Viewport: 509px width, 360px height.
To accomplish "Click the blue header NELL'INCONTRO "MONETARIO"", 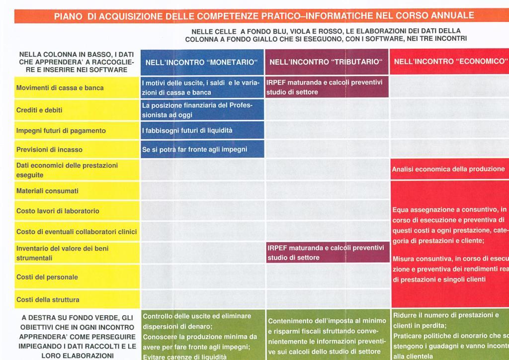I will coord(201,62).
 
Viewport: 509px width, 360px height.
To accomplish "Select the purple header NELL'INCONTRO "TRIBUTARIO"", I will coord(326,62).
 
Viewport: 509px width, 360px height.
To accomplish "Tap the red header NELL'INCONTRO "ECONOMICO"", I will coord(449,62).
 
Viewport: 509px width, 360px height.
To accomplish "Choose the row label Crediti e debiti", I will coord(40,110).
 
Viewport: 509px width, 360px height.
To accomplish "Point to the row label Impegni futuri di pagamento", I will coord(61,131).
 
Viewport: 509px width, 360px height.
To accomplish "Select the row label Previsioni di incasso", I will coord(50,149).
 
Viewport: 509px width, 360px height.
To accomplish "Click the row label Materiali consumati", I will coord(48,191).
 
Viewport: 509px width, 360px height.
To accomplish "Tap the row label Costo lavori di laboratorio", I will coord(58,211).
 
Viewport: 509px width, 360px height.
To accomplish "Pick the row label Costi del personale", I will coord(47,277).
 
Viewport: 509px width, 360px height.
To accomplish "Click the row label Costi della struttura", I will coord(48,300).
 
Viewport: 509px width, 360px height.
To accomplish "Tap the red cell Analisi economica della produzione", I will coord(448,169).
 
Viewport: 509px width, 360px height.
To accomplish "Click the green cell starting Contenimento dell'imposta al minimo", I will coord(327,336).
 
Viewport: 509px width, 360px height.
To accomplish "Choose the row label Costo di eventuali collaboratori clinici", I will coord(77,232).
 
